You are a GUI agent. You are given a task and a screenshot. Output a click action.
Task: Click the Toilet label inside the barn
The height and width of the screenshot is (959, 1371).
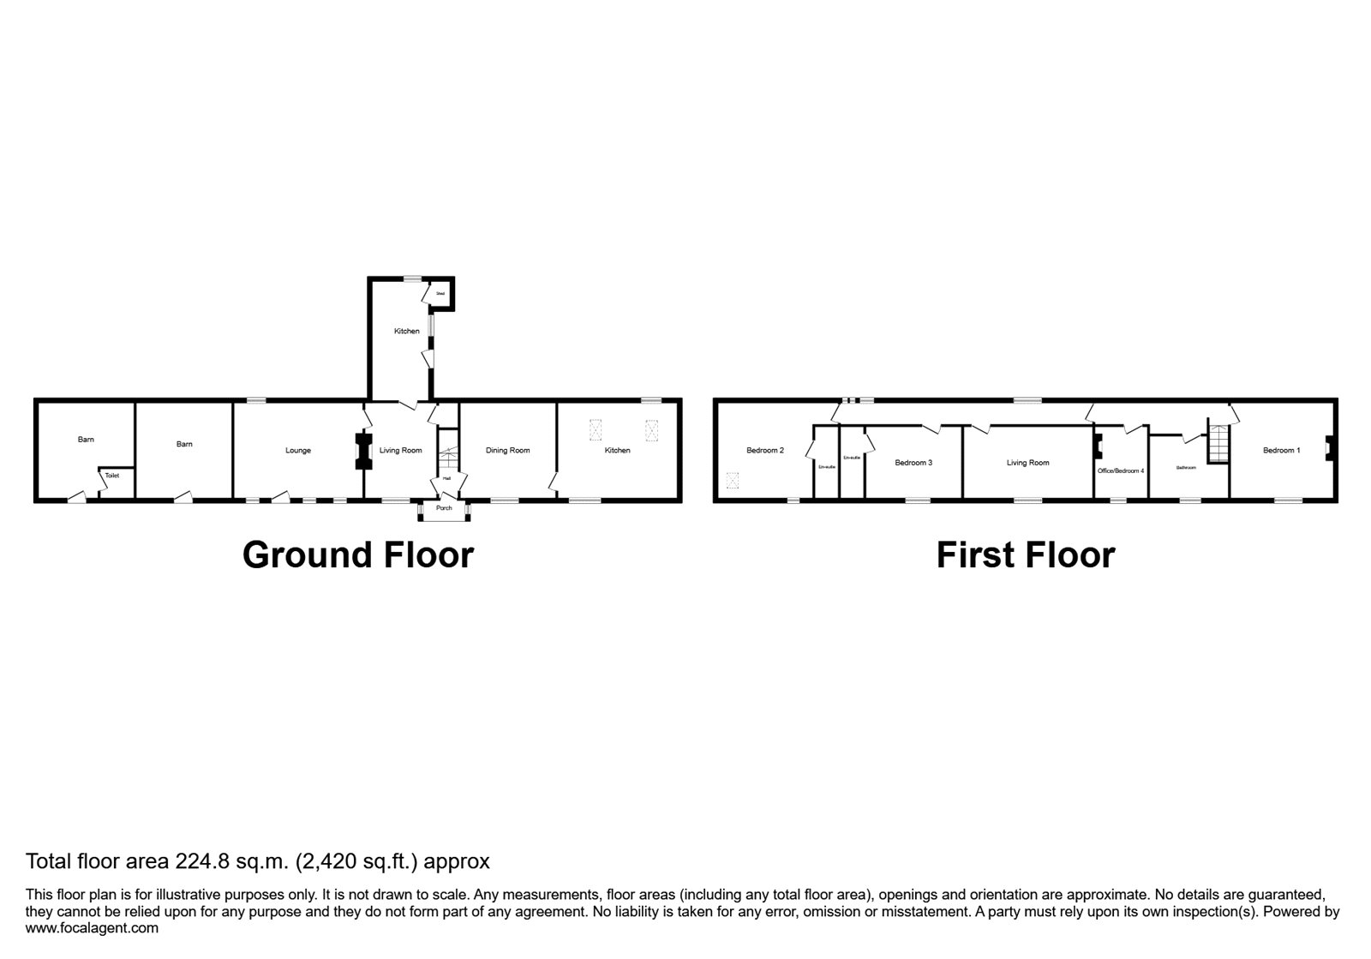[x=112, y=475]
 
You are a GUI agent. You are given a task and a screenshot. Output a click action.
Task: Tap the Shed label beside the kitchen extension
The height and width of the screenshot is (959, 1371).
[x=440, y=294]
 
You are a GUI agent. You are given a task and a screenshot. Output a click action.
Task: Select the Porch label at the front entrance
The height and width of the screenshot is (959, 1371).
[x=444, y=508]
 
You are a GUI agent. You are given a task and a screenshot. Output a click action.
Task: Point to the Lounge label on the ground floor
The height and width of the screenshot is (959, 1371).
[x=298, y=451]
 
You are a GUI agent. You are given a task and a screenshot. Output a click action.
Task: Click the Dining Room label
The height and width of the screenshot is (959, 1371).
[x=507, y=451]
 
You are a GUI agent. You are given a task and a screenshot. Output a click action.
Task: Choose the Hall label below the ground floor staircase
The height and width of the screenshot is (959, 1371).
[x=446, y=479]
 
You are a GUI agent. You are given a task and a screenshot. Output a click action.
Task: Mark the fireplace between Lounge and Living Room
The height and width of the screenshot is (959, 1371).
[x=362, y=451]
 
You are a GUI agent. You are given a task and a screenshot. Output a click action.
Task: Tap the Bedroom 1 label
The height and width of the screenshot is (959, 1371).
[x=1281, y=451]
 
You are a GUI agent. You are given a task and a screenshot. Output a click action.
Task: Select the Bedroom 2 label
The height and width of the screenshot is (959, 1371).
[x=765, y=451]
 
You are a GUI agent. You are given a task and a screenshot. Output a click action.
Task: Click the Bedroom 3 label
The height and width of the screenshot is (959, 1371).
[x=913, y=463]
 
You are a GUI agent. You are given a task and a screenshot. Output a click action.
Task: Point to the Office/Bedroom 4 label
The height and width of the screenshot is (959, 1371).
[x=1121, y=471]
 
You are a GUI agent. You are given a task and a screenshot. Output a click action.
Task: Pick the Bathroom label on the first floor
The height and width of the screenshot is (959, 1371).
[x=1186, y=468]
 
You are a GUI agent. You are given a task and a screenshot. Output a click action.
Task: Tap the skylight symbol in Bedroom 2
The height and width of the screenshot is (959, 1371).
[x=732, y=480]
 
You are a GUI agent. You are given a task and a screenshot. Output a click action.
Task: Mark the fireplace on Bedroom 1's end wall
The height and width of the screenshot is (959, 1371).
[x=1328, y=447]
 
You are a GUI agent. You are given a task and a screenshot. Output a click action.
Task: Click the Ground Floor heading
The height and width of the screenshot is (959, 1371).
[x=357, y=554]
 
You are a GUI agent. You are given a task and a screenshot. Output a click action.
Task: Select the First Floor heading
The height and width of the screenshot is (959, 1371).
[x=1025, y=554]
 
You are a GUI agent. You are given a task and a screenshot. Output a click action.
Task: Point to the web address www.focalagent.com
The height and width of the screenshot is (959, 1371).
[x=92, y=927]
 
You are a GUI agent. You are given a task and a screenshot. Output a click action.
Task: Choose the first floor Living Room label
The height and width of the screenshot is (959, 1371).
[x=1027, y=463]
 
